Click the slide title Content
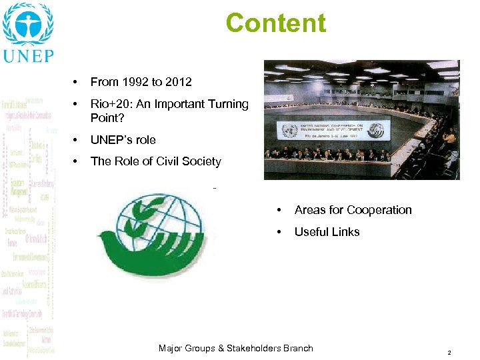(276, 23)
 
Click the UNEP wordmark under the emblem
(28, 55)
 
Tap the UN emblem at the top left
(27, 23)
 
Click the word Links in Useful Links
(346, 232)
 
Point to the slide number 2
(450, 352)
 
